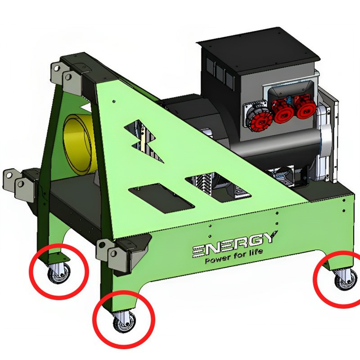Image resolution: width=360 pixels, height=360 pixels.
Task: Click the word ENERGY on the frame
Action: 234,244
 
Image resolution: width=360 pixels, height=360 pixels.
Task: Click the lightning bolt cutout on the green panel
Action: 144,140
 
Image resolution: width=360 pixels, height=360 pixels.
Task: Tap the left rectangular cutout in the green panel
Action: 160,198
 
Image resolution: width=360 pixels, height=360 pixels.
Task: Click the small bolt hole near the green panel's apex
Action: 114,101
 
